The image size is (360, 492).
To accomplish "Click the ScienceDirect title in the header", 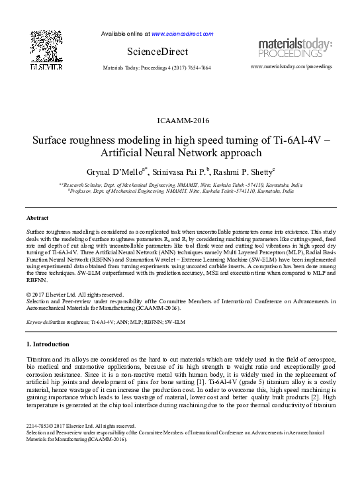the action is (157, 52).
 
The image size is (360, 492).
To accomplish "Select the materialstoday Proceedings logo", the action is (295, 48).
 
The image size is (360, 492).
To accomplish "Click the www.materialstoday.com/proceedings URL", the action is (292, 68).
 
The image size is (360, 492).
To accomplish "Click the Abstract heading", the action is (38, 217).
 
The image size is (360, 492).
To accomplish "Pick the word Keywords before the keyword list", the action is (38, 321).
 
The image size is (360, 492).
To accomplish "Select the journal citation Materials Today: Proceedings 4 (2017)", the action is (157, 68).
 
